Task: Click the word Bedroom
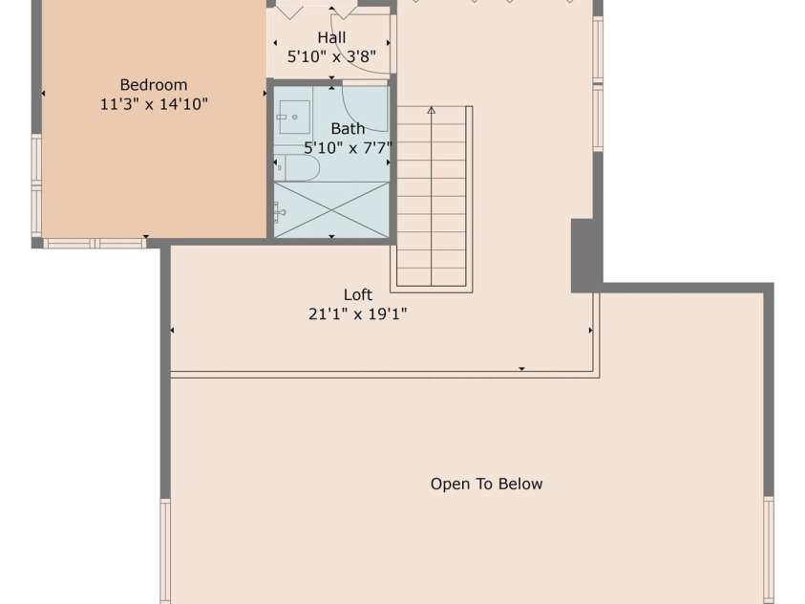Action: pyautogui.click(x=153, y=85)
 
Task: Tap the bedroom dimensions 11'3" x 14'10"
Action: pyautogui.click(x=153, y=104)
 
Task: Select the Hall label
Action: pyautogui.click(x=331, y=37)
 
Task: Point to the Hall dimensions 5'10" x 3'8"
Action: pyautogui.click(x=331, y=56)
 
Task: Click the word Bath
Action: pyautogui.click(x=348, y=128)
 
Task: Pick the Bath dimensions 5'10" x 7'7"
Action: pyautogui.click(x=348, y=147)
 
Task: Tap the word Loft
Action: pyautogui.click(x=357, y=294)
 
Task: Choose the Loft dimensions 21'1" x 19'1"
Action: pyautogui.click(x=357, y=313)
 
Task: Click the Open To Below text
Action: pyautogui.click(x=486, y=484)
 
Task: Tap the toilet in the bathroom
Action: pyautogui.click(x=296, y=168)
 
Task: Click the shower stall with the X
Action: pyautogui.click(x=331, y=208)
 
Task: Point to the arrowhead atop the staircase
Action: pyautogui.click(x=431, y=110)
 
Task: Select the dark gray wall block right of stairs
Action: pyautogui.click(x=584, y=255)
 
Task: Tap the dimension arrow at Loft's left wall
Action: pyautogui.click(x=172, y=331)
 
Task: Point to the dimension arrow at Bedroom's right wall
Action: pyautogui.click(x=265, y=94)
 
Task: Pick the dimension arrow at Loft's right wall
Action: pyautogui.click(x=590, y=331)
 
